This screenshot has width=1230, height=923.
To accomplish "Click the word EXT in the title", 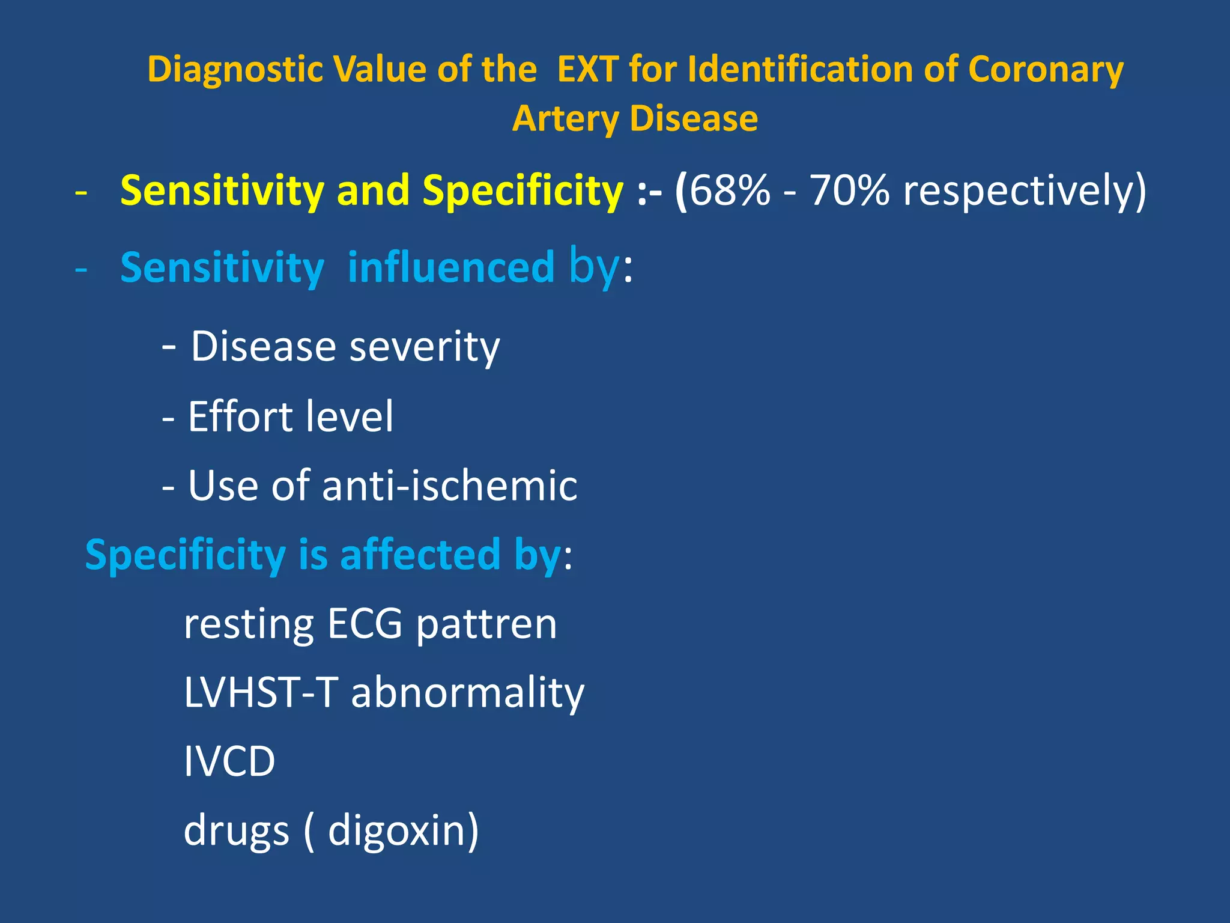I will pos(587,69).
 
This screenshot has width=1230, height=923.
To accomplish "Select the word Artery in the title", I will pos(565,118).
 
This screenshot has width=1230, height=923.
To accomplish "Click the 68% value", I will pos(729,190).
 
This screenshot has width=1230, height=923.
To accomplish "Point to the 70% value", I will pos(849,190).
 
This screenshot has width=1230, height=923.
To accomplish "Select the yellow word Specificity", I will pos(523,190).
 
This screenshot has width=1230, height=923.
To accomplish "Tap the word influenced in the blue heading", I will pos(451,267).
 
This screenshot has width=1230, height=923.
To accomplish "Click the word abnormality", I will pos(467,692).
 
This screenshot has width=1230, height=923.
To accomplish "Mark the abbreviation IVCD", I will pos(229,761).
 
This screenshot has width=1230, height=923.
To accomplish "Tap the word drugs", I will pos(236,830).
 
